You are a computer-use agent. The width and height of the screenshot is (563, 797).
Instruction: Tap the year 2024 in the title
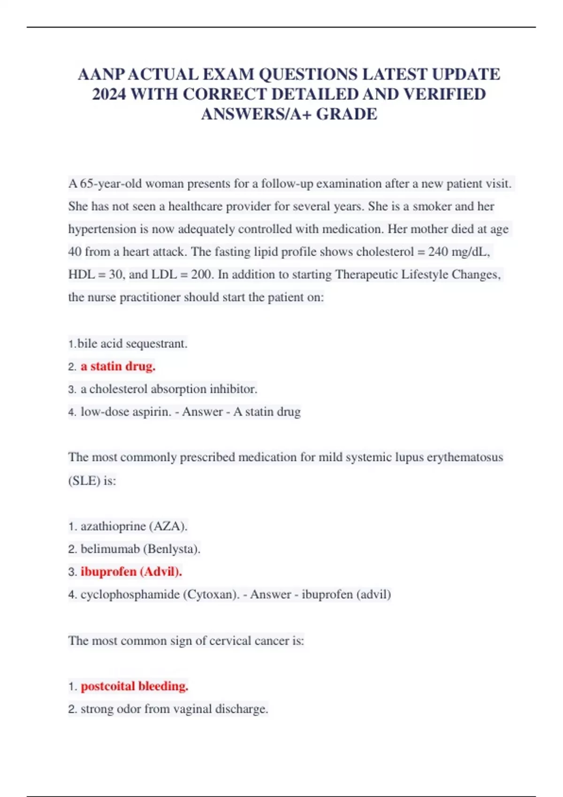click(x=109, y=94)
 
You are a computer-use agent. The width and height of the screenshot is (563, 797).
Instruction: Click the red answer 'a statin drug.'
click(x=118, y=366)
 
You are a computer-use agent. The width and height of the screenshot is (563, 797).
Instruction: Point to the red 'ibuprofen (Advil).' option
click(x=131, y=571)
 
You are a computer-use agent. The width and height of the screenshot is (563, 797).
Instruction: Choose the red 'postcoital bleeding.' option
click(x=134, y=686)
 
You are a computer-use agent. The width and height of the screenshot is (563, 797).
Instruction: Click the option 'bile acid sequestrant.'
click(x=132, y=344)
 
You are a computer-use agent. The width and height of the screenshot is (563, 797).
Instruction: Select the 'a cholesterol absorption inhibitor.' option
click(x=169, y=389)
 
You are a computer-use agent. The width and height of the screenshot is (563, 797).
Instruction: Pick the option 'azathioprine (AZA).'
click(x=134, y=526)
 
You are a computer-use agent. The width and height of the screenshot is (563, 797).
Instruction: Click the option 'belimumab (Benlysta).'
click(x=140, y=549)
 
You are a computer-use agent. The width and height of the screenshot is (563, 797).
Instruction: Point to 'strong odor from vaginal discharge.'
click(x=174, y=709)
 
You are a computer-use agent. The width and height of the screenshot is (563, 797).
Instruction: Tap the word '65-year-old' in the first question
click(x=110, y=183)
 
